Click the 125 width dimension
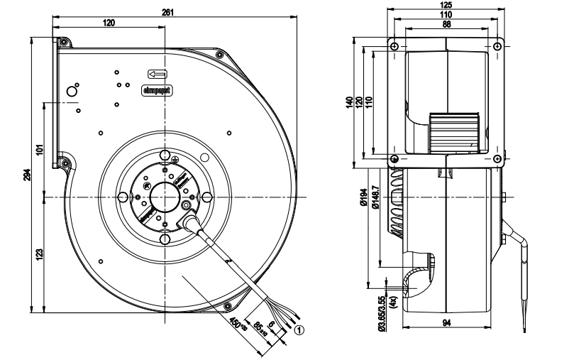(445, 6)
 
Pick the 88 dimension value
(445, 23)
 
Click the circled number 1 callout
(299, 329)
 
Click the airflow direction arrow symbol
(158, 74)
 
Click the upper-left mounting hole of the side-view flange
(394, 46)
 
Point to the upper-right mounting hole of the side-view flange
(497, 46)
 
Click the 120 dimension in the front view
(109, 23)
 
